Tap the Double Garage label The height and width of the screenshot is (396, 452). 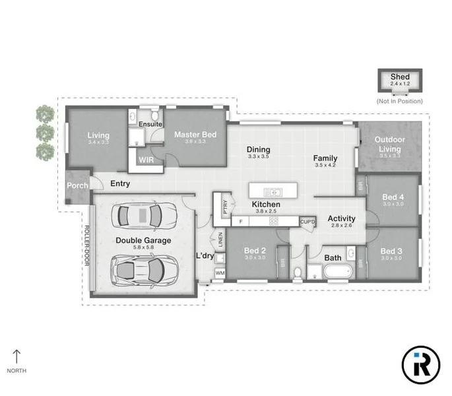pyautogui.click(x=143, y=241)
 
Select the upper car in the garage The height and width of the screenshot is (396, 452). pyautogui.click(x=143, y=214)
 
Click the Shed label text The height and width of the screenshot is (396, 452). pyautogui.click(x=400, y=77)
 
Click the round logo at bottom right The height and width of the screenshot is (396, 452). pyautogui.click(x=420, y=364)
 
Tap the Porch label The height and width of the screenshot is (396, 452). pyautogui.click(x=78, y=185)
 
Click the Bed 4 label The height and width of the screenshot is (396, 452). pyautogui.click(x=393, y=197)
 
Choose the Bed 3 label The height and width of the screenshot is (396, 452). pyautogui.click(x=391, y=251)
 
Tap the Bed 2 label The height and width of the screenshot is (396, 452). pyautogui.click(x=254, y=251)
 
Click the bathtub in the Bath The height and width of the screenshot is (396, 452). pyautogui.click(x=338, y=271)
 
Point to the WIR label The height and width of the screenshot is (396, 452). pyautogui.click(x=146, y=159)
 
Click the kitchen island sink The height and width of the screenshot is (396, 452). pyautogui.click(x=273, y=192)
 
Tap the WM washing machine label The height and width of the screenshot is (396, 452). pyautogui.click(x=220, y=272)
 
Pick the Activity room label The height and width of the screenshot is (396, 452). pyautogui.click(x=341, y=218)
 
